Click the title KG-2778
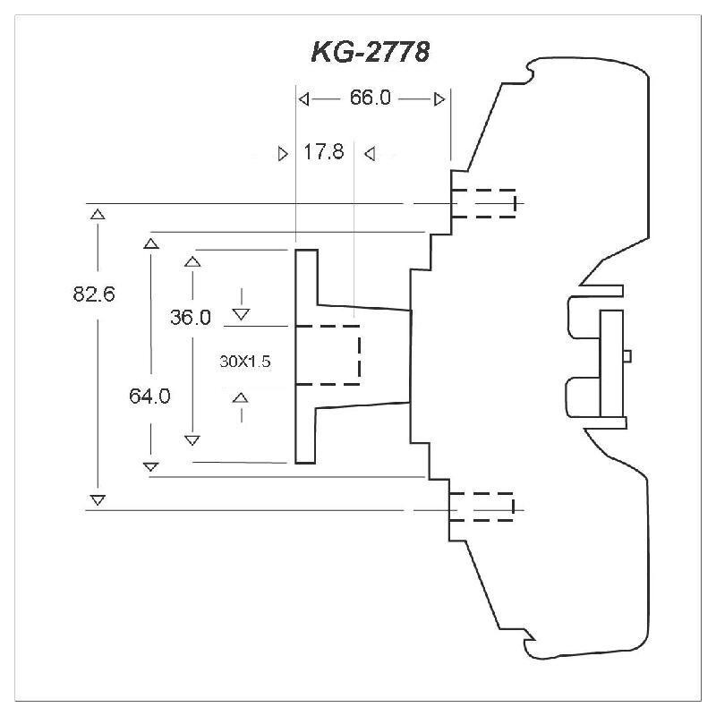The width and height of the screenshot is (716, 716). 370,53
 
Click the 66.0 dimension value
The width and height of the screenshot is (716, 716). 370,98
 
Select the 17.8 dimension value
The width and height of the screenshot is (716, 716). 323,152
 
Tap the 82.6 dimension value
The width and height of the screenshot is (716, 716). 94,294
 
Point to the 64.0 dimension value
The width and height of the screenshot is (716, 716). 149,396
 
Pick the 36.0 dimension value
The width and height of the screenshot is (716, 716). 191,317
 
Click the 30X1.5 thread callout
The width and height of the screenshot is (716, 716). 244,362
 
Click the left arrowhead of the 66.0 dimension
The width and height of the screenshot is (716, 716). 304,98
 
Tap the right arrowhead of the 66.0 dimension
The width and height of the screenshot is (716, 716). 439,98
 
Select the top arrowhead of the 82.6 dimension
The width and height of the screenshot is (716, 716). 98,214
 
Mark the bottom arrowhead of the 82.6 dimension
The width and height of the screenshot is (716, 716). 98,499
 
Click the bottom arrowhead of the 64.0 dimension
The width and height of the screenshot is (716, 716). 150,465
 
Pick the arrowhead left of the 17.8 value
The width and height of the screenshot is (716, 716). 284,153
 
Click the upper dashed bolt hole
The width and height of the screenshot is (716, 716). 483,203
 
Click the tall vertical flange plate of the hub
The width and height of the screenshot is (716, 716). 306,356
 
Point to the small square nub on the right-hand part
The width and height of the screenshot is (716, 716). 627,355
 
